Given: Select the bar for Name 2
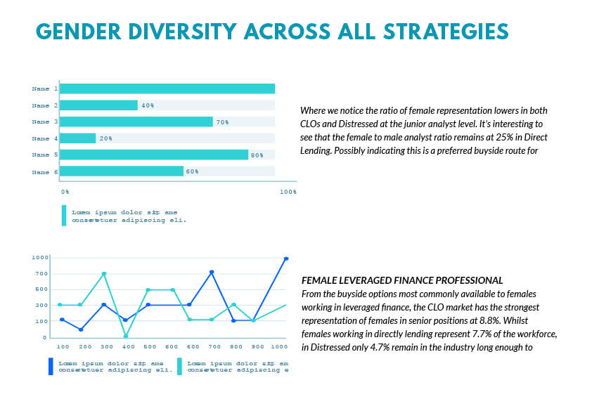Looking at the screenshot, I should coord(98,105).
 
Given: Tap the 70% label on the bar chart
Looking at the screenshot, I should coord(222,122).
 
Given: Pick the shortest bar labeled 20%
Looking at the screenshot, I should coord(78,138).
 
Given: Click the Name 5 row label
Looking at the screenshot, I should coord(45,155).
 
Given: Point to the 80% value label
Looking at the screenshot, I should coord(257,155).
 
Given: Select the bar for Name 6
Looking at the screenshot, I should coord(122,171).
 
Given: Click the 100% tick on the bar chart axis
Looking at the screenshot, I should coord(288,191).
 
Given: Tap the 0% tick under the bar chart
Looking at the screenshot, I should coord(65,191).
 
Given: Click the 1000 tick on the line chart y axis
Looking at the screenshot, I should coord(39,258).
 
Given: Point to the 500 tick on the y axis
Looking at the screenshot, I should coord(41,289).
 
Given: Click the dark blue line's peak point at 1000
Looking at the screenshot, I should coord(286,259).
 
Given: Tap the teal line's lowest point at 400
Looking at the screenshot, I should coord(126,336).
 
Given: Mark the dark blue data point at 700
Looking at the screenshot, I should coord(212,272).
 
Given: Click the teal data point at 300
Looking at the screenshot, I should coord(104,273).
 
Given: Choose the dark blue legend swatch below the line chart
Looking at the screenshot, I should coord(51,366).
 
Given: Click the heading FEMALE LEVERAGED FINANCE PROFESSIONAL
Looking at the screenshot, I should coord(401,280).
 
